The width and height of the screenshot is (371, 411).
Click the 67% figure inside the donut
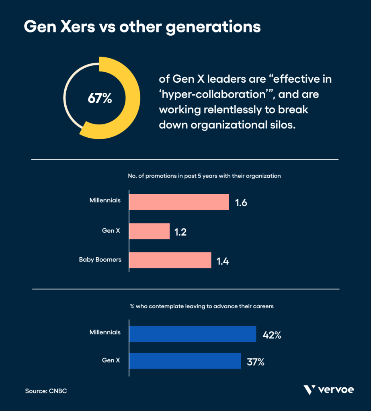99,98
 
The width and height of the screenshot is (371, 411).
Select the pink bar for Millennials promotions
179,202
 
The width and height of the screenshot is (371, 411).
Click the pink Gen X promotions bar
150,231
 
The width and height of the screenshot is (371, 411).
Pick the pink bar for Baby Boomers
170,260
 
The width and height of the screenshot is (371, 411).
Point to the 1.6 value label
241,202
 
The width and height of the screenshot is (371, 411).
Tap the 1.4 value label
223,261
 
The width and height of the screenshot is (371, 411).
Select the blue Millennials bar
193,334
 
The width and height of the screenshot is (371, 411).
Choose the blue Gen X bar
185,361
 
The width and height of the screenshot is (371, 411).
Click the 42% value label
272,335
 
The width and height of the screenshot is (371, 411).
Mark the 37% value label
256,362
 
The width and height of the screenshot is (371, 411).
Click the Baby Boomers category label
100,260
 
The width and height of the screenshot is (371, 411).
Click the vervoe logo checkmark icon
310,389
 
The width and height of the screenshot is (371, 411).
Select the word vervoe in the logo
336,390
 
